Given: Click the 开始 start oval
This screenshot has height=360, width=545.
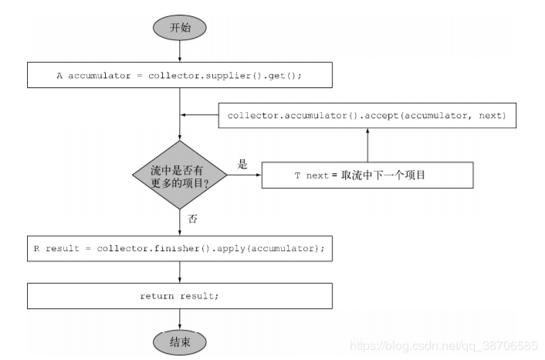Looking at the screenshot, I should pos(179,27).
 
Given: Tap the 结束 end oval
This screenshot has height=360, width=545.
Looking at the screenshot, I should pos(179,341).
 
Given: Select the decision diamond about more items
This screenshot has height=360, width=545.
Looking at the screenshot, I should pos(179,175).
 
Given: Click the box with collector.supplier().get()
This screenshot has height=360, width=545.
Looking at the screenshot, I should pos(179,75).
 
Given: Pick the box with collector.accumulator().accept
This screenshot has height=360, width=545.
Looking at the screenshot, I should pos(367,116).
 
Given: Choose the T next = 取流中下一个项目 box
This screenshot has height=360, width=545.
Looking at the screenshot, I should pos(367,175).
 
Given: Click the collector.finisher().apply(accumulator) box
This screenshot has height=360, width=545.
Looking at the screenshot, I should pos(179,249).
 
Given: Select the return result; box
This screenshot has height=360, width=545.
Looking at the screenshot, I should pos(179,296).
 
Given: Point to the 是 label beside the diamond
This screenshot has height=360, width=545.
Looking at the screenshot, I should pos(242,165).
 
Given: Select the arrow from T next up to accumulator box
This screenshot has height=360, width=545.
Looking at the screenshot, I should pos(367,145).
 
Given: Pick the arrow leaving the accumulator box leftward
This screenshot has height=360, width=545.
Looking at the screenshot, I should pos(198,116).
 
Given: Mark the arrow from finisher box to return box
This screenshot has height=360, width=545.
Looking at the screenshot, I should pos(179,272).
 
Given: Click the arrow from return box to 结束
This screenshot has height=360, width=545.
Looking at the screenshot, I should pos(179,318).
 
